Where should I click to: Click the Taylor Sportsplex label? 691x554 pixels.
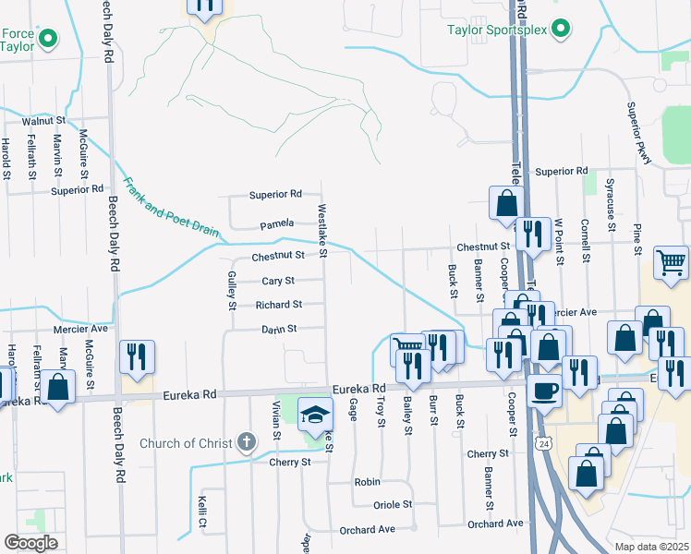[499, 30]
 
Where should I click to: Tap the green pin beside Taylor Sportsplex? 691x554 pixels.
[559, 30]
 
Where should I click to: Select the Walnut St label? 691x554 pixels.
[45, 121]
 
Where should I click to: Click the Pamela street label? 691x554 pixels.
[276, 223]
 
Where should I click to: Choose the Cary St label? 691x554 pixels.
[278, 281]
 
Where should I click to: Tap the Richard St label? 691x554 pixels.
[279, 305]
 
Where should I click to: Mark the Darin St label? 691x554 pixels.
[278, 329]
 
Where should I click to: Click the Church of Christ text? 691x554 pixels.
[186, 443]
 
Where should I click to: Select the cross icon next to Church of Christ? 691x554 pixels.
[246, 442]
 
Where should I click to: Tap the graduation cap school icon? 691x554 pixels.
[316, 416]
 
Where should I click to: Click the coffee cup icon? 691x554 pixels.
[544, 391]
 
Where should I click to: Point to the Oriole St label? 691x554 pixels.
[393, 505]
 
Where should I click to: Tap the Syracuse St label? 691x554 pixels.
[612, 224]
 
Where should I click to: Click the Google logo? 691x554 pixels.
[30, 543]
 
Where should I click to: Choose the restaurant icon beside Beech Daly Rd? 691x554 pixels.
[137, 359]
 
